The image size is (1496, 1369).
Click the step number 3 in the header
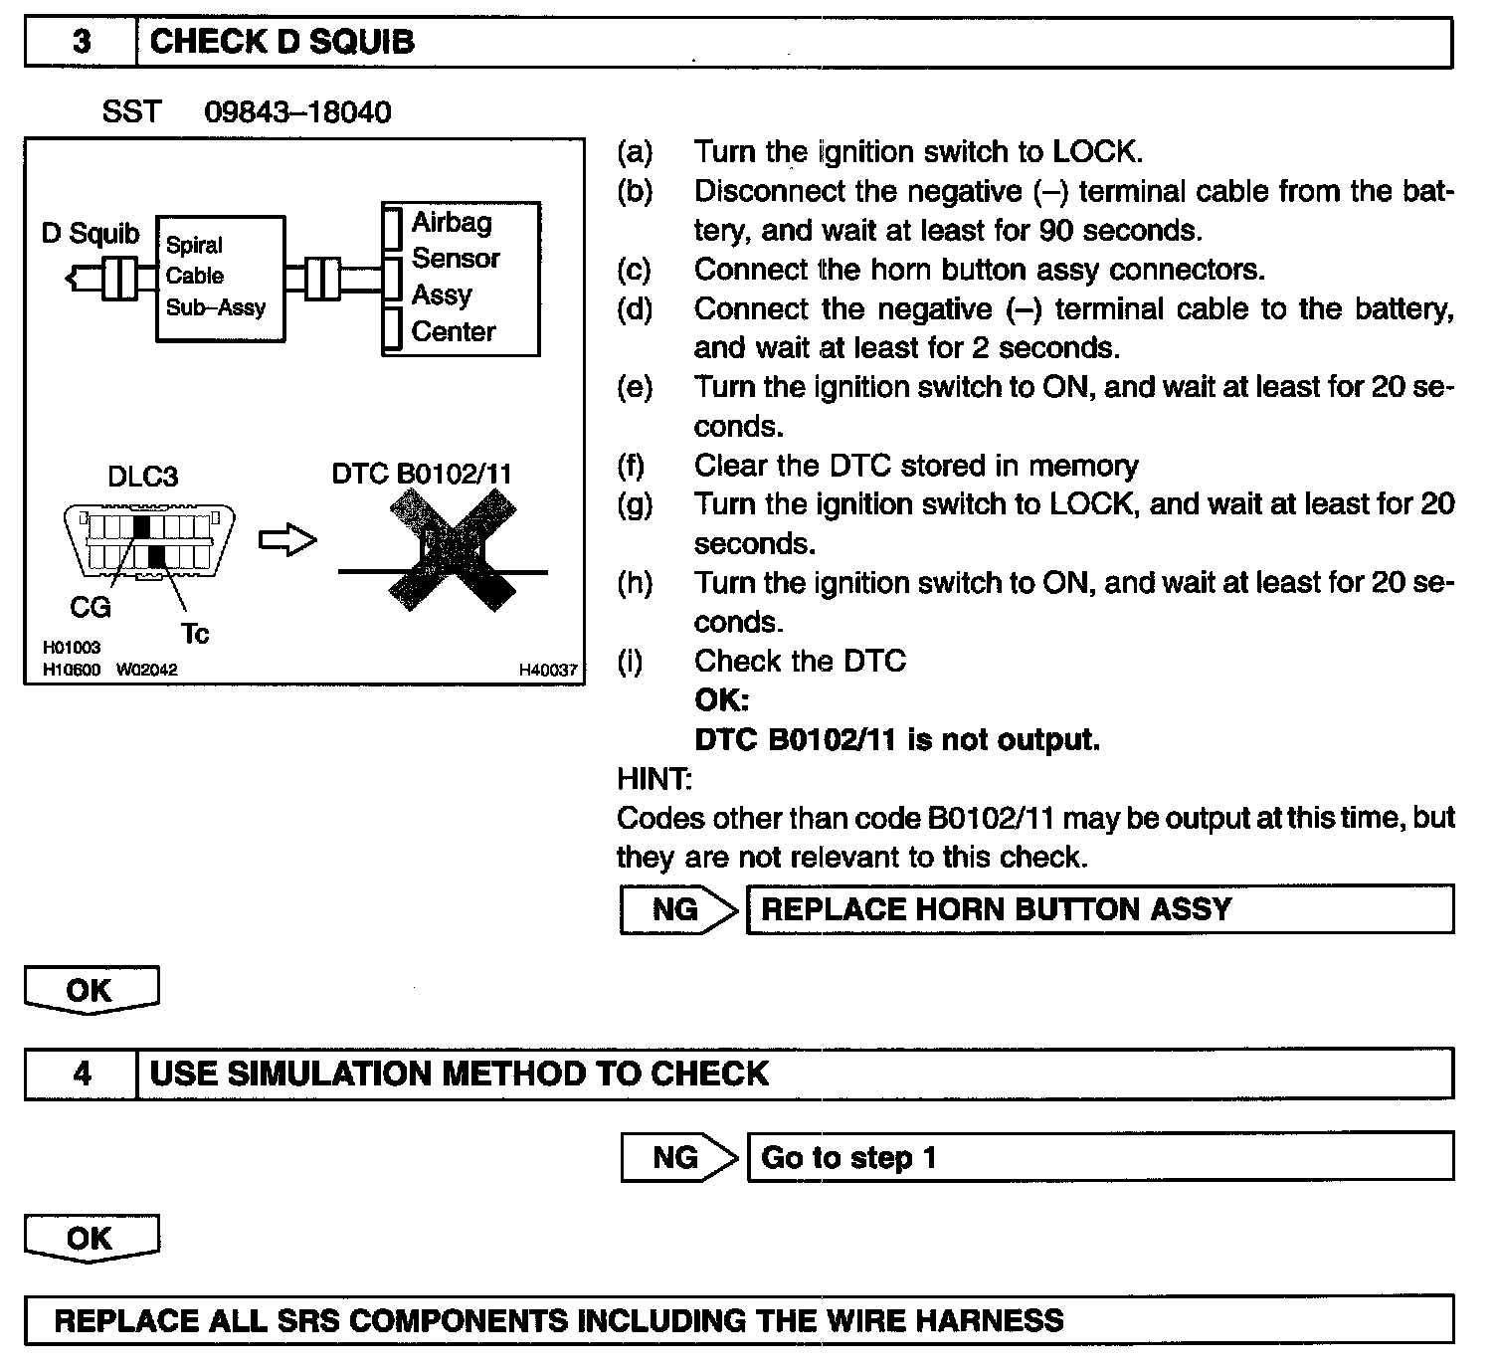82,42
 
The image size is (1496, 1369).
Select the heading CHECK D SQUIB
281,42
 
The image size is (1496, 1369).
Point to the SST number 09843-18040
297,111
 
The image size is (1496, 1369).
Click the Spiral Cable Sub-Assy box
220,278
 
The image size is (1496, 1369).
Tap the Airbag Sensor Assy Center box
461,278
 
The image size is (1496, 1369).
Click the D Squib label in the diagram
91,234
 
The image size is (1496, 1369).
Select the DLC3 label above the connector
142,476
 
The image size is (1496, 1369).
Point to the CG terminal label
91,607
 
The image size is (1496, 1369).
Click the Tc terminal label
195,634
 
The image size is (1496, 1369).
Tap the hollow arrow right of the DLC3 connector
287,540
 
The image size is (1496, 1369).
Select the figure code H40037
548,670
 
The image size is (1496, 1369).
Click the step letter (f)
632,466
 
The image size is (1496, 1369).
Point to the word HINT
654,779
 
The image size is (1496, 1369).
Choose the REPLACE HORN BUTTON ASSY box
1099,909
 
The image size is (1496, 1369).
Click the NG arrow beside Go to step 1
678,1157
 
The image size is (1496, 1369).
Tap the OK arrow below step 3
91,990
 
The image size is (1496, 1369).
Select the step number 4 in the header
82,1074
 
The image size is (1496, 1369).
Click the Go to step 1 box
1099,1157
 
